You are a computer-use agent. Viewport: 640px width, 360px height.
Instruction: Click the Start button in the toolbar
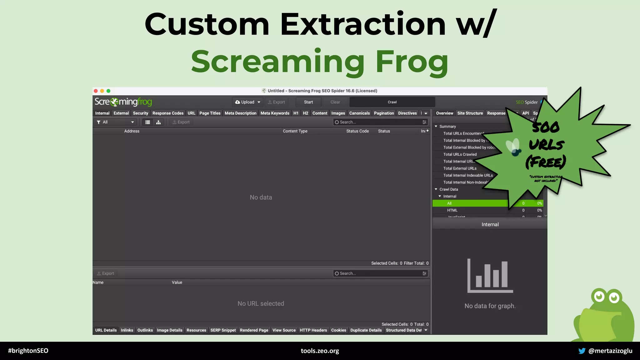[x=308, y=102]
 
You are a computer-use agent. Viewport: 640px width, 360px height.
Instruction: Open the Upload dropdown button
[x=247, y=102]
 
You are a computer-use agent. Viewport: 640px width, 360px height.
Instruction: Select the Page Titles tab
[x=210, y=113]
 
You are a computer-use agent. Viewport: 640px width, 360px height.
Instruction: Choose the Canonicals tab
[x=359, y=113]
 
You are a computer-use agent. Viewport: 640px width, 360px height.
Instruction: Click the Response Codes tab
[x=168, y=113]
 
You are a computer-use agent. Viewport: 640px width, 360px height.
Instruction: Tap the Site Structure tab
[x=470, y=113]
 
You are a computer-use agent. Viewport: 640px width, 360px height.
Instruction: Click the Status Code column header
[x=357, y=131]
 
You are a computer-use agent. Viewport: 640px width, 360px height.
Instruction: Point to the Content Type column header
[x=295, y=131]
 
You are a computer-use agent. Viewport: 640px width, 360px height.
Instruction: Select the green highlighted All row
[x=469, y=203]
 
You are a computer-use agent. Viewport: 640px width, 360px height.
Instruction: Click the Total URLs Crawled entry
[x=460, y=154]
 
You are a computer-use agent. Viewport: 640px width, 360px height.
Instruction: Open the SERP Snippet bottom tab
[x=223, y=330]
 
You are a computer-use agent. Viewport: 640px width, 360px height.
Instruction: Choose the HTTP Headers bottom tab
[x=313, y=330]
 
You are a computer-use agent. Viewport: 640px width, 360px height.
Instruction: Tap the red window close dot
[x=96, y=91]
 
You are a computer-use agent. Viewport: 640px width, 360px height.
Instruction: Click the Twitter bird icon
[x=582, y=351]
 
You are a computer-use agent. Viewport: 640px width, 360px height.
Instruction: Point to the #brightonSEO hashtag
[x=28, y=351]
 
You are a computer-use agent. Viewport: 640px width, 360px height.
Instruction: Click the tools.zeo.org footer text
[x=320, y=351]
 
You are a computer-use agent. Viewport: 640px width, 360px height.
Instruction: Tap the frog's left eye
[x=599, y=296]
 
